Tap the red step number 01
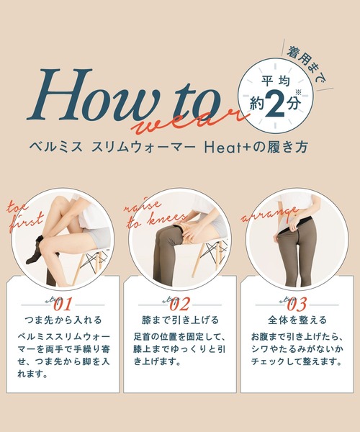63,305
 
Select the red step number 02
179,305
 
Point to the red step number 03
297,305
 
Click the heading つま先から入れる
63,320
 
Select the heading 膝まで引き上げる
180,320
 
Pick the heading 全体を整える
297,320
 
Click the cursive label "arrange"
270,214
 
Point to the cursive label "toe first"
24,216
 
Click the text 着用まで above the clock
307,64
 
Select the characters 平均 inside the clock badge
276,81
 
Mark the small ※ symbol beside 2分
298,92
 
